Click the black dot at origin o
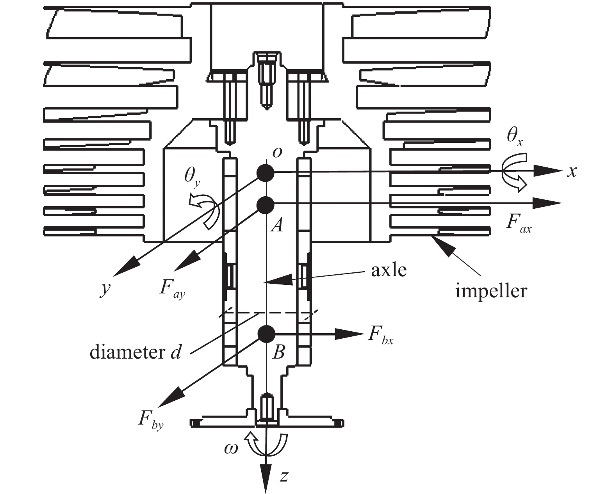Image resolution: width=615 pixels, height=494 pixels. pyautogui.click(x=266, y=173)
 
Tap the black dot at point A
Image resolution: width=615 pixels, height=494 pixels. pyautogui.click(x=266, y=205)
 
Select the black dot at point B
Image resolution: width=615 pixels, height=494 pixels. pyautogui.click(x=266, y=334)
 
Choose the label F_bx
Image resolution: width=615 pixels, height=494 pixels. pyautogui.click(x=380, y=335)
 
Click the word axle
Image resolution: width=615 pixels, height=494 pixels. pyautogui.click(x=389, y=270)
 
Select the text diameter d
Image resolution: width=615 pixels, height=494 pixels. pyautogui.click(x=135, y=352)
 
